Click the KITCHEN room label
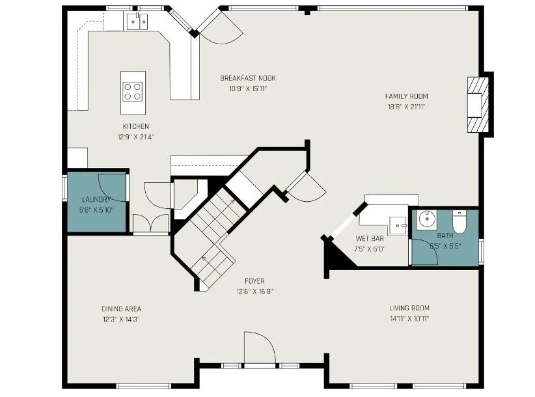136,126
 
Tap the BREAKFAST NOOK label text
248,78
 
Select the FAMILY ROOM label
406,96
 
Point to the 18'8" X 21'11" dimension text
406,107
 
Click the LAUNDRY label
96,200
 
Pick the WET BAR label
370,238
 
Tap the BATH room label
445,236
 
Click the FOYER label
254,281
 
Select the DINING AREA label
121,308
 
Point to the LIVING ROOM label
409,308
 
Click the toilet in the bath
460,222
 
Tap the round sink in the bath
426,219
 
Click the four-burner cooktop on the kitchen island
133,92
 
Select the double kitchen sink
137,21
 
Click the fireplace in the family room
477,105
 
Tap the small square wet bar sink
398,225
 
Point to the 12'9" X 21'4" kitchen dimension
136,137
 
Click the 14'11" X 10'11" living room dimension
409,319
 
